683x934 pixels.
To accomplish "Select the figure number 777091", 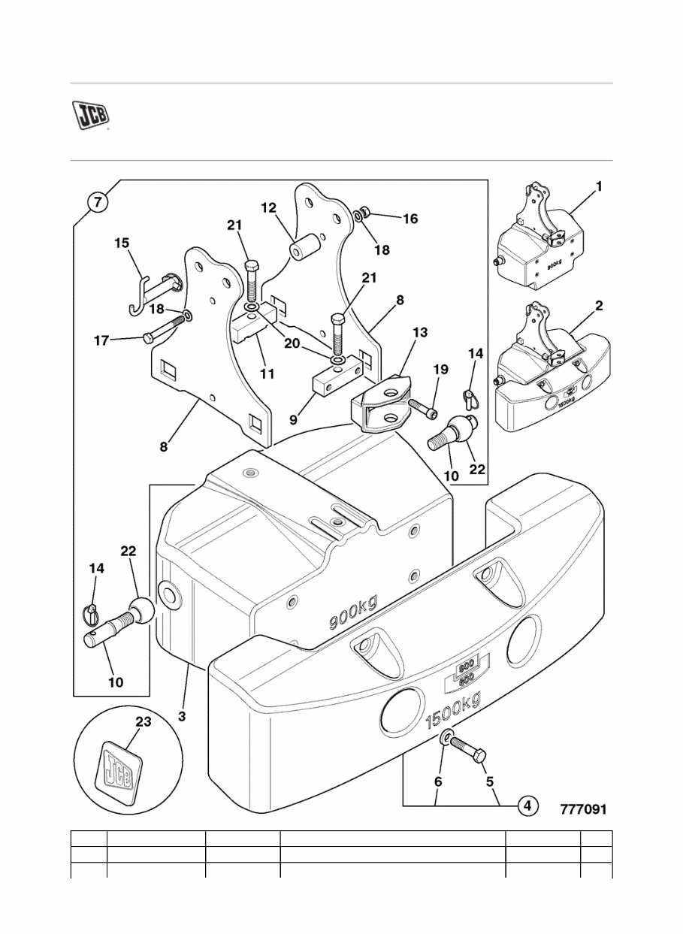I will [x=582, y=809].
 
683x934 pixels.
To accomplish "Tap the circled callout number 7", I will [x=96, y=202].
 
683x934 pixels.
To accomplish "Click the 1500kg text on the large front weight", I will [x=452, y=712].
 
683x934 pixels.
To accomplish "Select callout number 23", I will [x=143, y=722].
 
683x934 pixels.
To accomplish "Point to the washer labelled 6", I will [x=447, y=740].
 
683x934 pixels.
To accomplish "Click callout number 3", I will [x=182, y=717].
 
